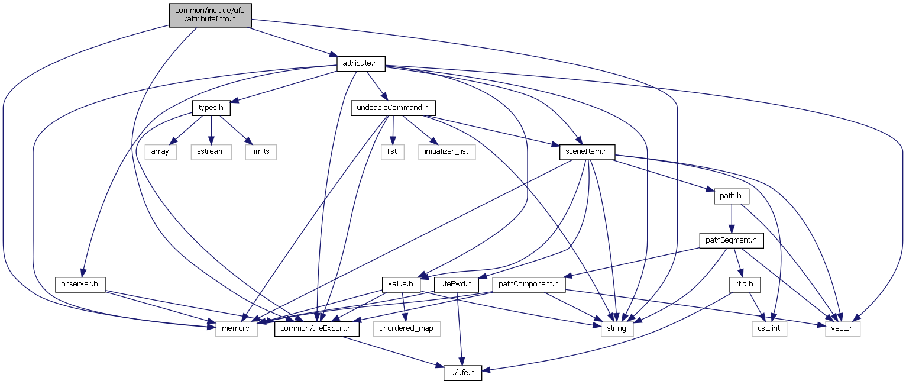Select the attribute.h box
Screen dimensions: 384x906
(361, 63)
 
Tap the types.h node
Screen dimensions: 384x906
(211, 108)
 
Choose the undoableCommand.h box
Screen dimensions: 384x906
(393, 108)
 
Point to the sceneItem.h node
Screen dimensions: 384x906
(587, 151)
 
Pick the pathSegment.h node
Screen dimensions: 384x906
(732, 240)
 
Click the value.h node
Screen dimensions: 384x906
(401, 285)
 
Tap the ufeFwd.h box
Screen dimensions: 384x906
(456, 285)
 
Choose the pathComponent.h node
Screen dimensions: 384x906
(528, 285)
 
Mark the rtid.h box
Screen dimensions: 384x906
(743, 285)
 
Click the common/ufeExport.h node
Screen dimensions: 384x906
(317, 328)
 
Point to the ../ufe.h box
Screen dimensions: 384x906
(462, 373)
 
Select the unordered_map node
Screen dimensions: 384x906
(407, 328)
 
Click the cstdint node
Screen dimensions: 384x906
(769, 328)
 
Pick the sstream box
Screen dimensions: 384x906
(211, 151)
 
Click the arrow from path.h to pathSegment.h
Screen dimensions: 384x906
(732, 218)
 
